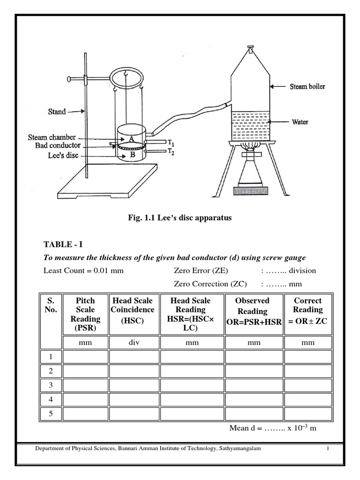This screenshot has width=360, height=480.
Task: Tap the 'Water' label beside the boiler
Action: [x=300, y=122]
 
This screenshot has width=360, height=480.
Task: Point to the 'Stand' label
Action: [x=57, y=112]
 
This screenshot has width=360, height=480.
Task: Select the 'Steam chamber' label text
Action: [x=52, y=138]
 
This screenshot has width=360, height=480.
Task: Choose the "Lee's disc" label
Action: [x=60, y=155]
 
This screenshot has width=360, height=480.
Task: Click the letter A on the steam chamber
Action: [x=131, y=139]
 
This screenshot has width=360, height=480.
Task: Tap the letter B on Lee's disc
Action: [x=132, y=154]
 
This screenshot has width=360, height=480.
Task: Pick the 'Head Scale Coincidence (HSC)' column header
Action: [x=133, y=310]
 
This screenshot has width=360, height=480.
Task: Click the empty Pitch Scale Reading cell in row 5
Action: [x=85, y=414]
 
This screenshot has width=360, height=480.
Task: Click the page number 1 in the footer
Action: [x=328, y=449]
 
